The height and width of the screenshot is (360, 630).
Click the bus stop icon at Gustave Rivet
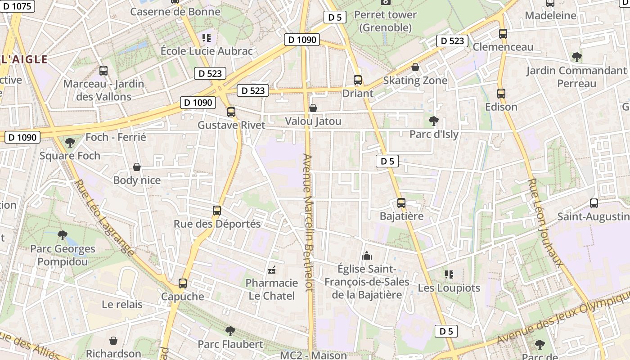[231, 112]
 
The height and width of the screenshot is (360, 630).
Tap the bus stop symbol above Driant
[358, 80]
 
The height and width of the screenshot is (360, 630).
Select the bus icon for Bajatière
[401, 203]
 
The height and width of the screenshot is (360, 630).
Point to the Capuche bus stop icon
[183, 283]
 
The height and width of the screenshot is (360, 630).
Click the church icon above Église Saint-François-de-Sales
[367, 256]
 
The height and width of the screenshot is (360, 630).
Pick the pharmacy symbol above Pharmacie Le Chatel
[272, 270]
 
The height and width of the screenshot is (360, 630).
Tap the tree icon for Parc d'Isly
[434, 121]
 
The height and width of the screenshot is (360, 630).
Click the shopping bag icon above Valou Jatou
[313, 108]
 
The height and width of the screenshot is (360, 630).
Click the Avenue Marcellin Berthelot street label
[308, 223]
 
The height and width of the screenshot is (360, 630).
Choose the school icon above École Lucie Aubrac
[207, 38]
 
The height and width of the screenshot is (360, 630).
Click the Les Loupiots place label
[449, 288]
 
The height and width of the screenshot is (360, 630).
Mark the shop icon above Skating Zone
[415, 67]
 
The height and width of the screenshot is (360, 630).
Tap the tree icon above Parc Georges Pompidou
[63, 235]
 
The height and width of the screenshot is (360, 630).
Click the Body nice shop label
[137, 180]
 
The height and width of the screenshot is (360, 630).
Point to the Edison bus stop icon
[501, 94]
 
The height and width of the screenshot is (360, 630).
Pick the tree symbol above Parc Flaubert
[230, 331]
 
